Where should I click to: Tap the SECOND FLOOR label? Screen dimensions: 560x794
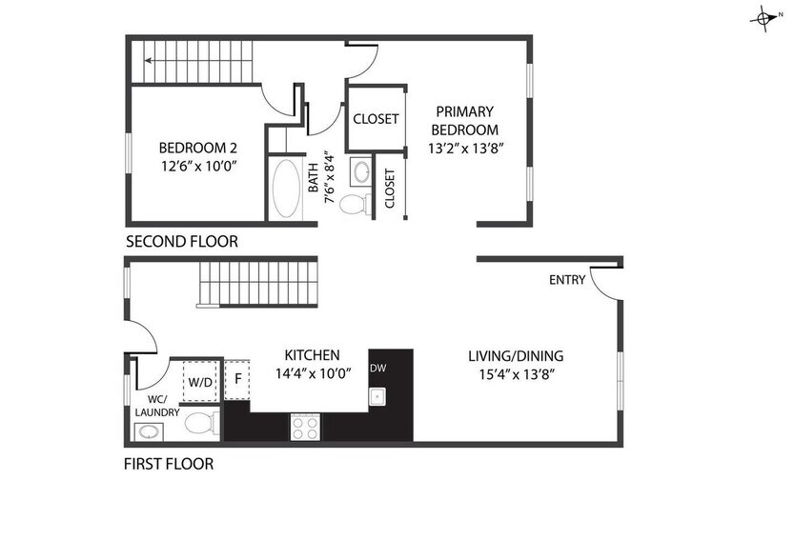click(181, 242)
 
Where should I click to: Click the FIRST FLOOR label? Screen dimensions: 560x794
click(169, 465)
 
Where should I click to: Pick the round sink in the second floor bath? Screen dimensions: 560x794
click(361, 173)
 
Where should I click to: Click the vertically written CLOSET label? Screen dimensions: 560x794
click(390, 189)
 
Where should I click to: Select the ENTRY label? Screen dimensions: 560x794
click(568, 280)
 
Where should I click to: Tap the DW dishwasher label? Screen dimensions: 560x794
click(377, 369)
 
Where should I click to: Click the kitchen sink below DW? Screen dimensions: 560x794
click(377, 396)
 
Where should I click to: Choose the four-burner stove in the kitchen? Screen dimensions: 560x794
click(305, 428)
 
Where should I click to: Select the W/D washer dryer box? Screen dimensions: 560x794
click(200, 381)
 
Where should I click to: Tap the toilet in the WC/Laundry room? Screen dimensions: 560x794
click(200, 423)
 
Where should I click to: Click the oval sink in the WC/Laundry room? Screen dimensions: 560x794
click(148, 433)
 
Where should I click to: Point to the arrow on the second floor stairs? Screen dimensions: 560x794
click(150, 60)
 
